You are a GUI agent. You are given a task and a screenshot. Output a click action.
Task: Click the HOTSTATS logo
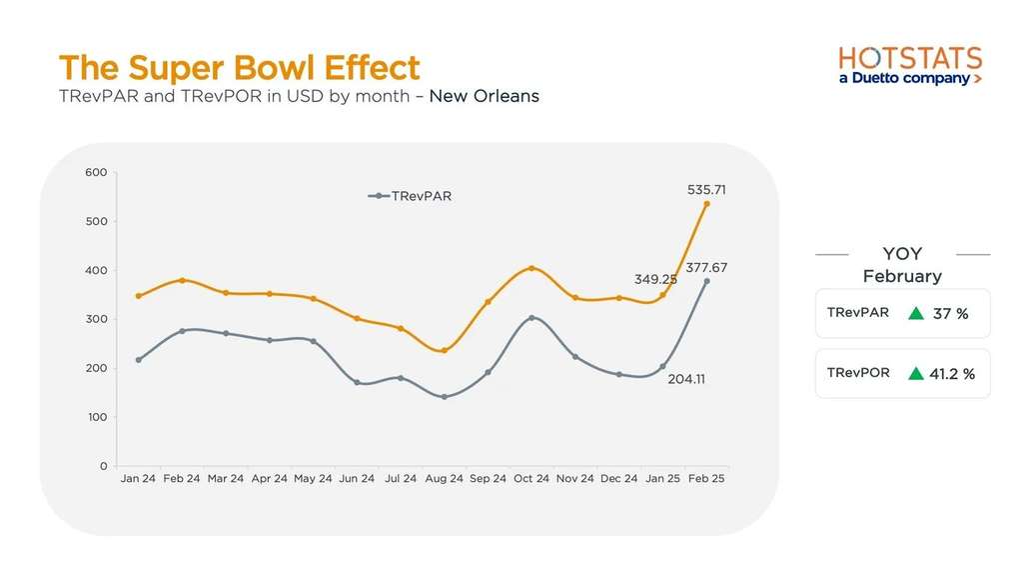pyautogui.click(x=909, y=65)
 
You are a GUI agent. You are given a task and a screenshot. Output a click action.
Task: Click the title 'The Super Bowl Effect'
pyautogui.click(x=240, y=68)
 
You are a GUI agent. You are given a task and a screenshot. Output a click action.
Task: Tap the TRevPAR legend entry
pyautogui.click(x=411, y=196)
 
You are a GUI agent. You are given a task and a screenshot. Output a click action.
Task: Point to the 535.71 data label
pyautogui.click(x=706, y=188)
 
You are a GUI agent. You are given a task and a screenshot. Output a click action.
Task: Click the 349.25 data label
pyautogui.click(x=655, y=279)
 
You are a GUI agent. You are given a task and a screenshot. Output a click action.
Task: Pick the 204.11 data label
pyautogui.click(x=685, y=379)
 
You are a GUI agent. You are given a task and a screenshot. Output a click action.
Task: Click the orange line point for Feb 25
pyautogui.click(x=707, y=204)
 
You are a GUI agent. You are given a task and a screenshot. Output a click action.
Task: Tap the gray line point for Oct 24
pyautogui.click(x=531, y=318)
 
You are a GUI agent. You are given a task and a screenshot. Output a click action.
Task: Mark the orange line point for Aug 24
pyautogui.click(x=444, y=350)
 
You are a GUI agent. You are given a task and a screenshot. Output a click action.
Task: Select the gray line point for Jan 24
pyautogui.click(x=138, y=360)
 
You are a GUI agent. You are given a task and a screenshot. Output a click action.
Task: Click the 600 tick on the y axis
pyautogui.click(x=96, y=172)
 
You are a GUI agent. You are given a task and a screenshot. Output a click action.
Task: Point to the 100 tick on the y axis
pyautogui.click(x=96, y=417)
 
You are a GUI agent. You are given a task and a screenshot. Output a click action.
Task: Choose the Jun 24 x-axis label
pyautogui.click(x=357, y=479)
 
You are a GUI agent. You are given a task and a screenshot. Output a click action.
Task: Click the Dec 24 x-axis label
pyautogui.click(x=618, y=479)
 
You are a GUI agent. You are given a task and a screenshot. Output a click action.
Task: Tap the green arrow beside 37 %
pyautogui.click(x=915, y=313)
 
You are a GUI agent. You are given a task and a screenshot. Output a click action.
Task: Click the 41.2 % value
pyautogui.click(x=952, y=374)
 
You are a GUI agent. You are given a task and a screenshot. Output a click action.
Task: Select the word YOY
pyautogui.click(x=902, y=254)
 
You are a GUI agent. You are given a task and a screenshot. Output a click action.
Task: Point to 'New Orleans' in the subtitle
pyautogui.click(x=484, y=97)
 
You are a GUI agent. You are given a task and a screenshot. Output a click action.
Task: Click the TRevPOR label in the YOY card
pyautogui.click(x=858, y=373)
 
